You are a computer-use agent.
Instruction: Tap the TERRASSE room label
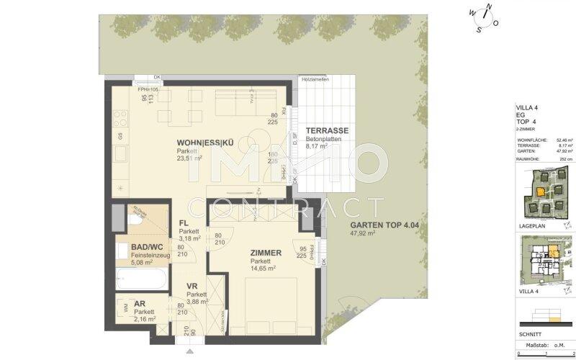(327, 131)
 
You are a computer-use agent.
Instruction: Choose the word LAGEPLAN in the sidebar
(531, 225)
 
